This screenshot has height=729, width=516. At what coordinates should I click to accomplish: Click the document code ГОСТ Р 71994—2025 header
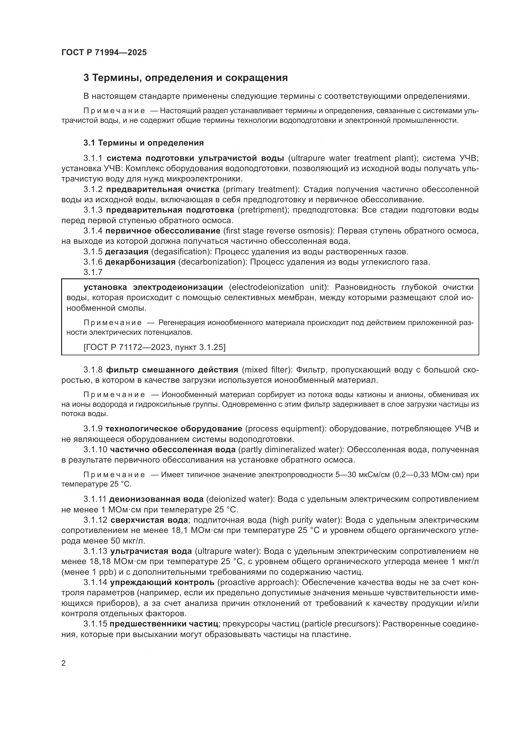(x=104, y=53)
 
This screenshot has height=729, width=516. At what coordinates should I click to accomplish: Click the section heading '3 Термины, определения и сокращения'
(x=186, y=78)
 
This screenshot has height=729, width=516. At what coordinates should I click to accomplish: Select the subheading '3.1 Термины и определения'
(x=144, y=143)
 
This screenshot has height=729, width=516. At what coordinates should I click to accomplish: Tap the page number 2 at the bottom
(x=64, y=663)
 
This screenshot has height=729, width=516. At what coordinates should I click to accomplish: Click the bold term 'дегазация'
(x=127, y=252)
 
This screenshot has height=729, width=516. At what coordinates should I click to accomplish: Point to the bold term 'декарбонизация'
(x=140, y=262)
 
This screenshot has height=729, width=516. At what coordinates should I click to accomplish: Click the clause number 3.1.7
(x=93, y=272)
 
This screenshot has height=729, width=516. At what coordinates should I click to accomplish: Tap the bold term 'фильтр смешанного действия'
(x=172, y=370)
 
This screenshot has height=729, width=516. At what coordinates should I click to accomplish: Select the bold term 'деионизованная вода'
(x=156, y=499)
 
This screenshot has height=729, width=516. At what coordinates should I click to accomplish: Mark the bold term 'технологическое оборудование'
(x=174, y=429)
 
